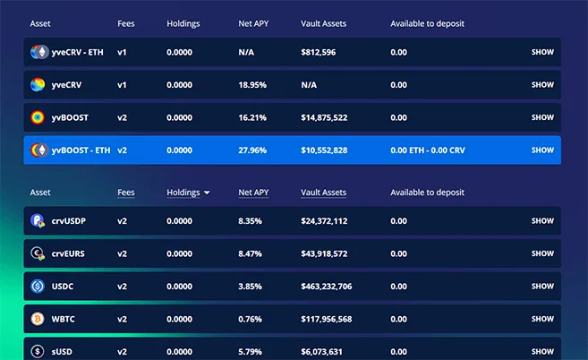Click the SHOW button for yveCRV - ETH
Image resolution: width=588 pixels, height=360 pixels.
click(542, 52)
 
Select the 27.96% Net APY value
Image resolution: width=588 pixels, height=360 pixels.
click(252, 150)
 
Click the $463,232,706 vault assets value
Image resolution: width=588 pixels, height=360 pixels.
click(327, 287)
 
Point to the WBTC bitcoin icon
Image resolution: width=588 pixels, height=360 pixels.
click(38, 320)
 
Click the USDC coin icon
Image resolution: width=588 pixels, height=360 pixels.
click(38, 287)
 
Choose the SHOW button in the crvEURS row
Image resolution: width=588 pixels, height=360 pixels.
click(542, 253)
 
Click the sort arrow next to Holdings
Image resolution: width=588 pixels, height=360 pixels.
click(207, 193)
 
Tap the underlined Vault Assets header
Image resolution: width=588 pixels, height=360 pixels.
click(323, 193)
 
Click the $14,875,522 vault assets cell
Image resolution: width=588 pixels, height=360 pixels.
click(324, 117)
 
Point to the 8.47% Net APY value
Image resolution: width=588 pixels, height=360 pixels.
click(251, 253)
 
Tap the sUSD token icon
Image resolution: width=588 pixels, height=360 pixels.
click(38, 352)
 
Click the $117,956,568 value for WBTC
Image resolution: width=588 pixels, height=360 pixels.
click(327, 320)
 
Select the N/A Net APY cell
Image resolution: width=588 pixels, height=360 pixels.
click(247, 52)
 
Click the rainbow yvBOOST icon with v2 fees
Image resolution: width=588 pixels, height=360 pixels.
click(38, 117)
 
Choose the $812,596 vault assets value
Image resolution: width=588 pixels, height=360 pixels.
click(319, 52)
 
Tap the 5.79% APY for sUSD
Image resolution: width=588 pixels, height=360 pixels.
click(251, 352)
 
